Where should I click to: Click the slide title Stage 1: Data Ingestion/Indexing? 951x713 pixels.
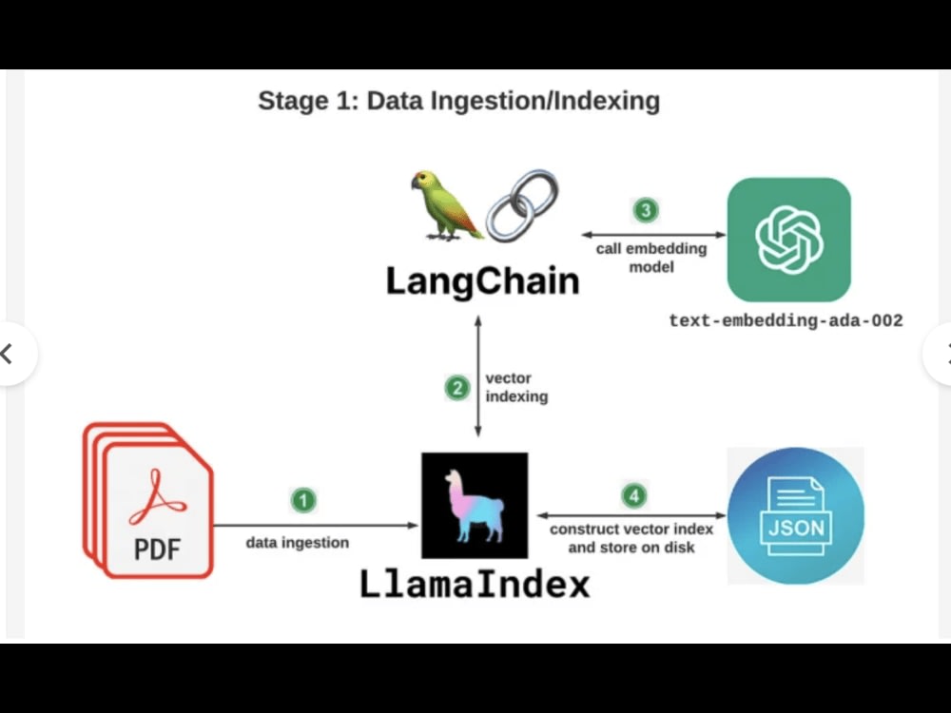459,101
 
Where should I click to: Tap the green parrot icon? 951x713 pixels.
447,205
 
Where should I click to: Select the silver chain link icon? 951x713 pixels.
522,205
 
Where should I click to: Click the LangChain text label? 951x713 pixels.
483,281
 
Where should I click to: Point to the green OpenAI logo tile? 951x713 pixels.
789,240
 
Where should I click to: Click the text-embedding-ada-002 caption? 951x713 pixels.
786,320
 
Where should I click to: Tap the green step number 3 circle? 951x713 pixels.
646,210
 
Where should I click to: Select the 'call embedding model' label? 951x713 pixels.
651,258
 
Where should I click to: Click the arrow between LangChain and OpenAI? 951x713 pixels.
654,235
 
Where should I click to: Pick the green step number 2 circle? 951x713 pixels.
457,388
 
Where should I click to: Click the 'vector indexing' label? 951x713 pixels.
516,388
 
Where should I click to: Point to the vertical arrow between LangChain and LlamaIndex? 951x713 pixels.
478,376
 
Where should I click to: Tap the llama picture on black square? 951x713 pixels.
475,505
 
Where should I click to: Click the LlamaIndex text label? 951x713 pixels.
475,584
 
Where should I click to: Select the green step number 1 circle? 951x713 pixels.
304,500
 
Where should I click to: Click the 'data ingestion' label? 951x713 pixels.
297,543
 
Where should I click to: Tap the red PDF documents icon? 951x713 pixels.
148,500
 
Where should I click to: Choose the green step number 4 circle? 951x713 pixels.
634,496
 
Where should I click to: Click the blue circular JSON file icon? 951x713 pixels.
796,516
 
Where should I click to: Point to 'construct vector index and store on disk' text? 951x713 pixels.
631,538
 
